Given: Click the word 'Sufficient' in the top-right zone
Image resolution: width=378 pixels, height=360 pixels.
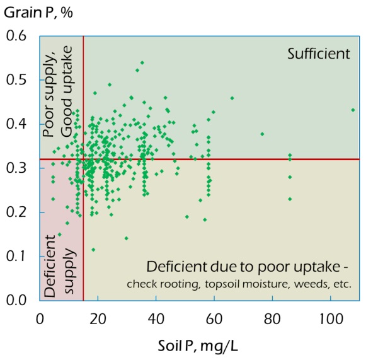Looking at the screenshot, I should tap(318, 54).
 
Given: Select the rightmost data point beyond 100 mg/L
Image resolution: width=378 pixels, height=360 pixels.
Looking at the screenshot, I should tap(353, 110).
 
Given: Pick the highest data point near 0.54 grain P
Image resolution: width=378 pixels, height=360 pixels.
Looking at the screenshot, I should tap(142, 62).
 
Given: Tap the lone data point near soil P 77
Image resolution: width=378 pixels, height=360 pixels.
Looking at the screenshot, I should tap(262, 134).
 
